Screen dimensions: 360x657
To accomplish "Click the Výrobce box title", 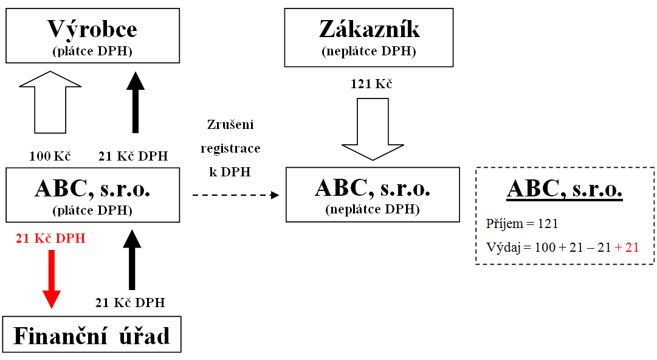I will (92, 29).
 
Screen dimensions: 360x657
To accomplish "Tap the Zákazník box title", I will (369, 29).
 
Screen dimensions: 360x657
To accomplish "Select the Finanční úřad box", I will (92, 335).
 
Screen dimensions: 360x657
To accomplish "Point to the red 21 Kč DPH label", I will (50, 238).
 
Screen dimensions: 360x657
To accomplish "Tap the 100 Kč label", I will (50, 156).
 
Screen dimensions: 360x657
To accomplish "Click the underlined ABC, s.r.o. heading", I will (565, 189).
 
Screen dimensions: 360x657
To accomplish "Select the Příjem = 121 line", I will (522, 224).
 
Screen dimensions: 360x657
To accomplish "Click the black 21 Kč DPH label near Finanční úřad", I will (130, 302).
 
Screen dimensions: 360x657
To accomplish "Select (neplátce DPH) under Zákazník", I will (369, 51).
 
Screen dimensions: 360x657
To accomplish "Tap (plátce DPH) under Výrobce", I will (92, 51).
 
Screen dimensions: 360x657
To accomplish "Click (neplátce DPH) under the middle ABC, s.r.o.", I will (372, 210).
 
